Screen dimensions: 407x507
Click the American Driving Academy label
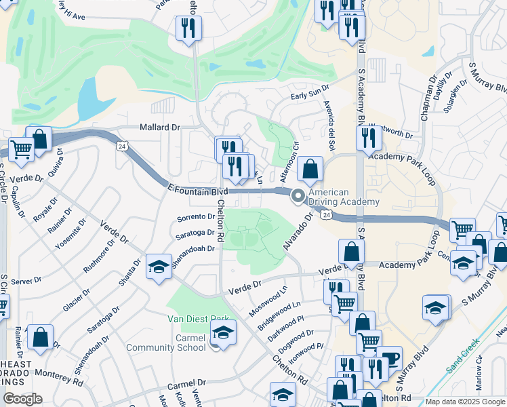coord(344,197)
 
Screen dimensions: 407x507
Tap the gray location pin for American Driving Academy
coord(298,196)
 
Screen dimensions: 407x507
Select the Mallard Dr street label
coord(160,127)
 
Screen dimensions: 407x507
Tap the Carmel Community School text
coord(166,343)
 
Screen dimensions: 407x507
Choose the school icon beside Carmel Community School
coord(221,332)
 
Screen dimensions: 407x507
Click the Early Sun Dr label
coord(309,93)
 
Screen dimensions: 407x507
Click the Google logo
coord(22,399)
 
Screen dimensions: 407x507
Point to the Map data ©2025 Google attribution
coord(465,402)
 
